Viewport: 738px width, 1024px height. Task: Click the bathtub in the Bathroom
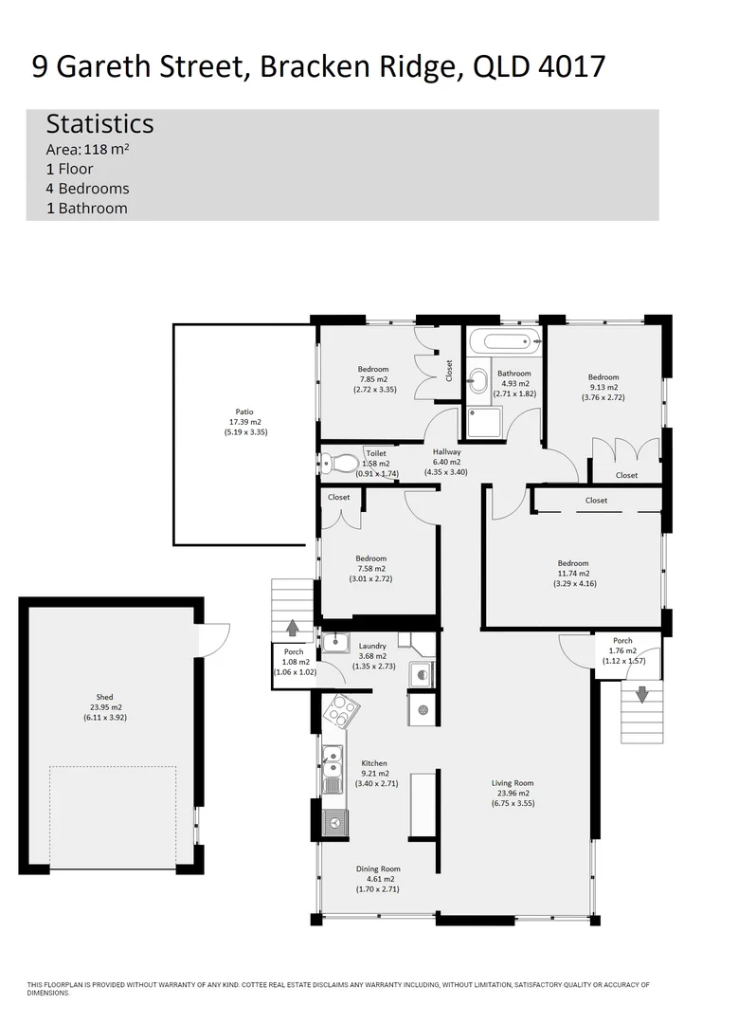(x=504, y=340)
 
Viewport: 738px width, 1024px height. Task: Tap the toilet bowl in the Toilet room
(x=337, y=464)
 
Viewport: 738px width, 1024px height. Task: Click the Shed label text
(x=104, y=697)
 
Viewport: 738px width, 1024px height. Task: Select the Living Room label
(x=512, y=783)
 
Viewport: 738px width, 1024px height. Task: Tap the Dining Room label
(x=378, y=869)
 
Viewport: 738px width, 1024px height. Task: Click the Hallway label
(x=446, y=452)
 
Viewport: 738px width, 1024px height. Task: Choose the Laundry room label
(x=372, y=646)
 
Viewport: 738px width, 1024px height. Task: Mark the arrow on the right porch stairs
(x=641, y=694)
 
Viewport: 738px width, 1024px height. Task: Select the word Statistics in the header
(x=99, y=124)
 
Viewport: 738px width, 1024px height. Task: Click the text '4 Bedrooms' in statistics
(x=87, y=189)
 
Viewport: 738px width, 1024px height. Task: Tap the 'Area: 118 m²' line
(x=87, y=149)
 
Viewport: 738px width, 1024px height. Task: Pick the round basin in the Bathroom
(x=477, y=381)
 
